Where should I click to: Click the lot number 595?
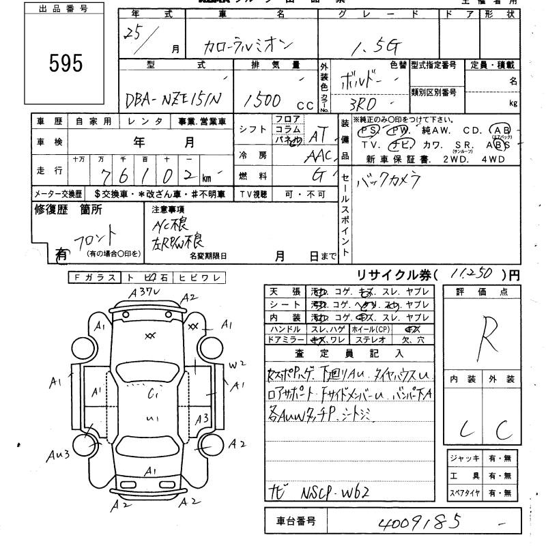pos(66,63)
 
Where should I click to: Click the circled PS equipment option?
pos(369,130)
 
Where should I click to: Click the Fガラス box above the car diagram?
pos(94,278)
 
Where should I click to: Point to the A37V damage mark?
pos(145,293)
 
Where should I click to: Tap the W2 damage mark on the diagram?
pos(236,365)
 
